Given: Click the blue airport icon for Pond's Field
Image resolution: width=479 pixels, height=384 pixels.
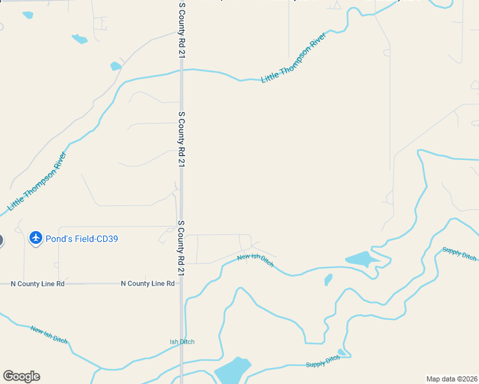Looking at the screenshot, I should pyautogui.click(x=35, y=239).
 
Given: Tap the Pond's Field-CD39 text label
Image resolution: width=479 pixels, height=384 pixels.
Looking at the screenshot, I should pyautogui.click(x=81, y=239).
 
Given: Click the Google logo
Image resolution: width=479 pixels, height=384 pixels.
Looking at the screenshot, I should pyautogui.click(x=21, y=376).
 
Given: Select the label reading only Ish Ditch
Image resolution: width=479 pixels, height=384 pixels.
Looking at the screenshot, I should pyautogui.click(x=182, y=342).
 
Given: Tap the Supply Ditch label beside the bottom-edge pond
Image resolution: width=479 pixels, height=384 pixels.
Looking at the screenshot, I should pyautogui.click(x=323, y=362).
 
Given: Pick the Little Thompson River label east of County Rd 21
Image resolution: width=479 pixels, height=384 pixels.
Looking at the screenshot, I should pyautogui.click(x=294, y=57).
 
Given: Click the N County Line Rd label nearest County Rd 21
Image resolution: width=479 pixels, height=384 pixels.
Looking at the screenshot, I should pyautogui.click(x=147, y=284).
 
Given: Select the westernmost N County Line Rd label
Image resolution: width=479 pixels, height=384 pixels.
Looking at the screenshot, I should pyautogui.click(x=38, y=284).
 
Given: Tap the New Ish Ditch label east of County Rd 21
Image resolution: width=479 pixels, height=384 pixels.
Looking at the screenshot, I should pyautogui.click(x=256, y=260).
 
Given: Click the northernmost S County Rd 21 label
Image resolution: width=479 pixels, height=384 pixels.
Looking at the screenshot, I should pyautogui.click(x=182, y=31).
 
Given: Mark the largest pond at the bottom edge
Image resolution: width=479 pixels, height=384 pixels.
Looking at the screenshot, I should pyautogui.click(x=232, y=370).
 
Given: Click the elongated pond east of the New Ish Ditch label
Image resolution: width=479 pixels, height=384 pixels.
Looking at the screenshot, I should pyautogui.click(x=359, y=259).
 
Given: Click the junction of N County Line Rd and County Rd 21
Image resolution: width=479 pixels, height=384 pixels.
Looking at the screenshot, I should pyautogui.click(x=182, y=284).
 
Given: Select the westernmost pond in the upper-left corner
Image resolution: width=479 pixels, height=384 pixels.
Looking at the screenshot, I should pyautogui.click(x=28, y=15).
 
